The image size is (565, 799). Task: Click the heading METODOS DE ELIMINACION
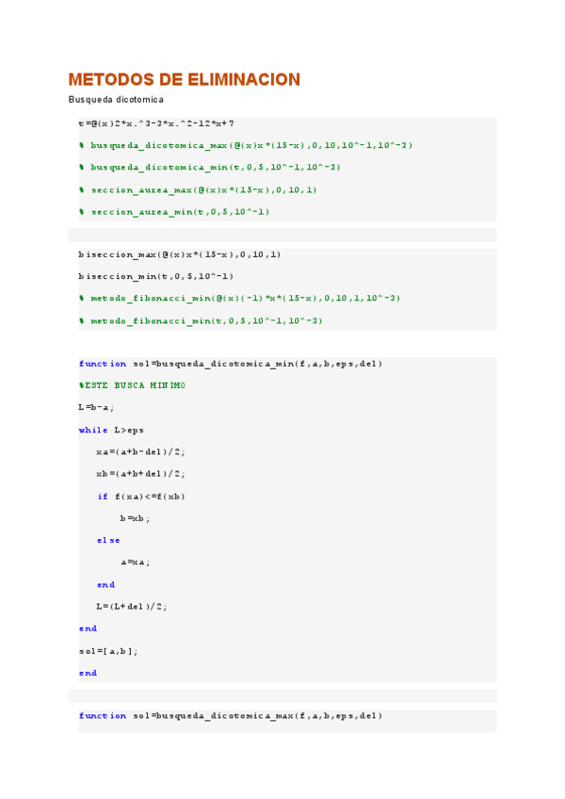pyautogui.click(x=185, y=80)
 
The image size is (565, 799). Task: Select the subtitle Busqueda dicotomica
pyautogui.click(x=116, y=100)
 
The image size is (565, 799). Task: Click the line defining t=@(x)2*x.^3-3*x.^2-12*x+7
pyautogui.click(x=156, y=123)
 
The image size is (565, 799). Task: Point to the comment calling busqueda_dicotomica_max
pyautogui.click(x=246, y=145)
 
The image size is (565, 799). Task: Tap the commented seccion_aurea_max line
pyautogui.click(x=198, y=189)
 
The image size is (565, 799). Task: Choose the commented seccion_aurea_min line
pyautogui.click(x=174, y=211)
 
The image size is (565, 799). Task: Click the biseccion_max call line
pyautogui.click(x=180, y=254)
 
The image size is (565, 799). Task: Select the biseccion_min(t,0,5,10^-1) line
pyautogui.click(x=156, y=276)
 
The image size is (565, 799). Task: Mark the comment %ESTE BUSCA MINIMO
pyautogui.click(x=132, y=385)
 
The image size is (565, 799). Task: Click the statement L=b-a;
pyautogui.click(x=96, y=407)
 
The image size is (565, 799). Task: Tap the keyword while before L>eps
pyautogui.click(x=93, y=430)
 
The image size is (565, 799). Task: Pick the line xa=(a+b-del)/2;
pyautogui.click(x=140, y=451)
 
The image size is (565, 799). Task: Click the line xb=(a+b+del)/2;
pyautogui.click(x=140, y=473)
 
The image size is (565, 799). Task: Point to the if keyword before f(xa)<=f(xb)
pyautogui.click(x=103, y=496)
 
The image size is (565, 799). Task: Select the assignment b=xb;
pyautogui.click(x=135, y=517)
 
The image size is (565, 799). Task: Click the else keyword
pyautogui.click(x=108, y=540)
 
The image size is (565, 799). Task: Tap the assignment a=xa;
pyautogui.click(x=135, y=562)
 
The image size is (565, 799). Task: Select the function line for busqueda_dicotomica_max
pyautogui.click(x=231, y=716)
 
